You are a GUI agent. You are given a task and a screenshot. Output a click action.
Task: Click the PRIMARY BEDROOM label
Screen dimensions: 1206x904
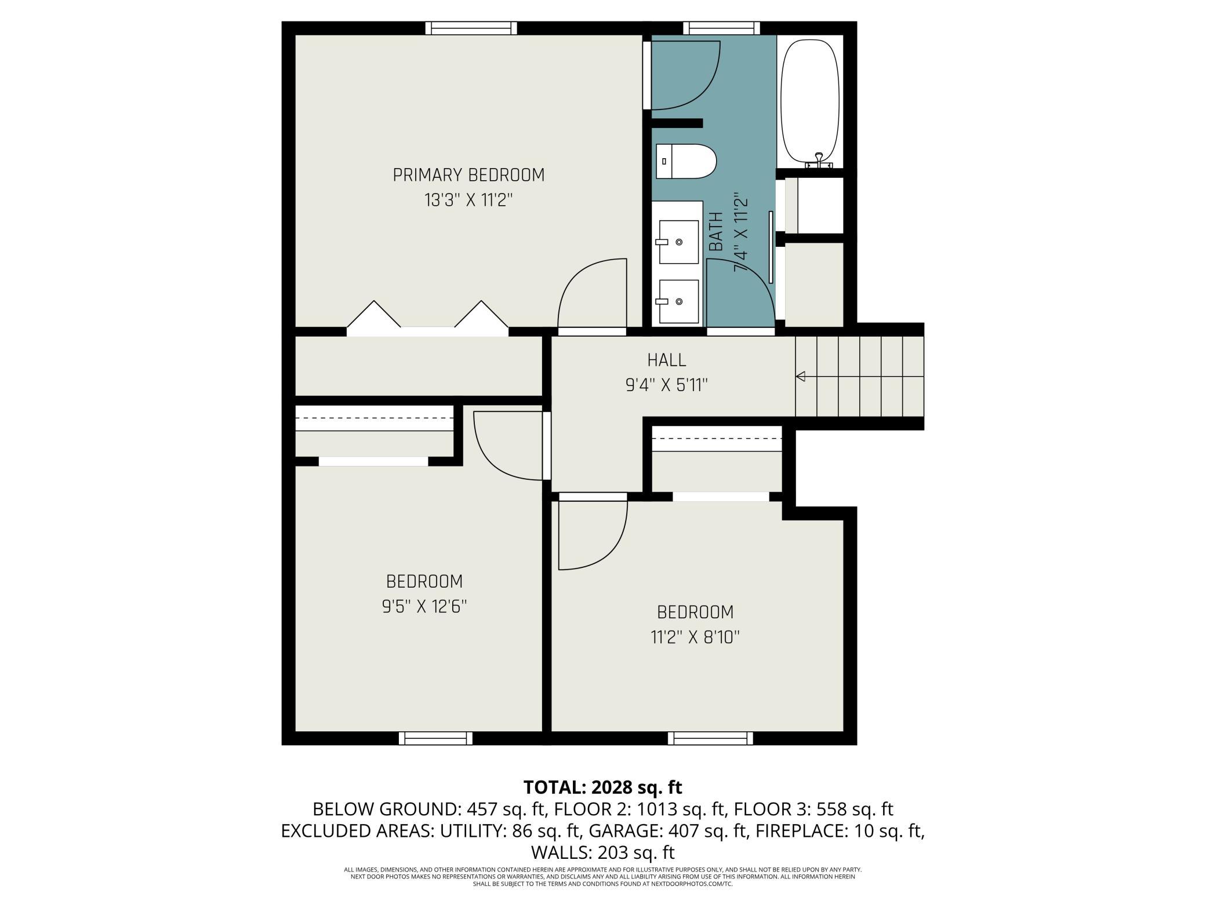468,175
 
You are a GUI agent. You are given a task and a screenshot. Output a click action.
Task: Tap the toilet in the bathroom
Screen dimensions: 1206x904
686,162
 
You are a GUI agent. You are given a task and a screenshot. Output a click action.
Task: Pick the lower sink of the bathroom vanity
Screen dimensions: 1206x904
677,301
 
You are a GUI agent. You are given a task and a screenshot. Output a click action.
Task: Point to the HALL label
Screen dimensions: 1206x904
667,360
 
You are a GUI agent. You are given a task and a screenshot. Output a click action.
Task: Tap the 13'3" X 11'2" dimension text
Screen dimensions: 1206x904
468,201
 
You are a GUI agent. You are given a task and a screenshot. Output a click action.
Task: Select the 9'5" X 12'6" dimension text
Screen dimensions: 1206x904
424,607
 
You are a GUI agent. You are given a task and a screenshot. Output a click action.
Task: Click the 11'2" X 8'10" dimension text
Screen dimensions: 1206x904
695,637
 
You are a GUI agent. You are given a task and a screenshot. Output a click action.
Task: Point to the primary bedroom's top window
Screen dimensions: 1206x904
471,28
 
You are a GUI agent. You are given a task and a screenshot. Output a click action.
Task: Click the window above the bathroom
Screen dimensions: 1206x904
721,28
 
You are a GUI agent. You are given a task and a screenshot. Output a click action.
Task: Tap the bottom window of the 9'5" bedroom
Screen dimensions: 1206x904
435,738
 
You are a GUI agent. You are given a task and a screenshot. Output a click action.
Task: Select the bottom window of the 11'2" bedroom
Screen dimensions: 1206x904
710,738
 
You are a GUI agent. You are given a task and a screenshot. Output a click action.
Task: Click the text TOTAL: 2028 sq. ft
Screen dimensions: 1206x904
603,788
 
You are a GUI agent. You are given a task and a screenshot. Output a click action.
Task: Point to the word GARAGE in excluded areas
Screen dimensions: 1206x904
626,831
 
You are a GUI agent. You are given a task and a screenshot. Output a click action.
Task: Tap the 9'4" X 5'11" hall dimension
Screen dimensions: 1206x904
667,385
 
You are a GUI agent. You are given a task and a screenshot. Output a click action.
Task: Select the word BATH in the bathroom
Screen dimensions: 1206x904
717,232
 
